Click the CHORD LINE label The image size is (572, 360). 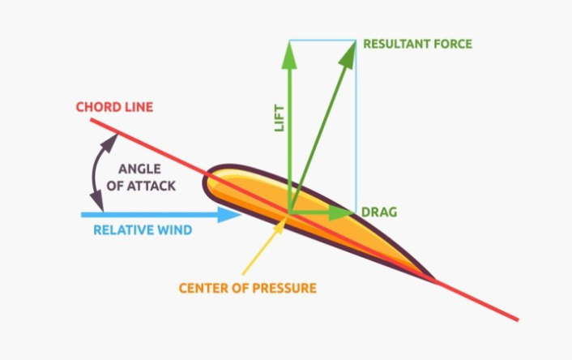tap(114, 107)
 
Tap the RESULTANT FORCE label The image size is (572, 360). tap(417, 43)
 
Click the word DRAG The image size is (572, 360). tap(379, 212)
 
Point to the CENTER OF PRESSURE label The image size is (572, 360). tap(247, 288)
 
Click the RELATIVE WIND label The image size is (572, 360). tap(143, 230)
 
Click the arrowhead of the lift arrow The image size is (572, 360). tap(288, 49)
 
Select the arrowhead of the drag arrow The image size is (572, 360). tap(343, 212)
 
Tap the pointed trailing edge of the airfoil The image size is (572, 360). tap(436, 281)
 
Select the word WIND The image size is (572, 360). tap(176, 230)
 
